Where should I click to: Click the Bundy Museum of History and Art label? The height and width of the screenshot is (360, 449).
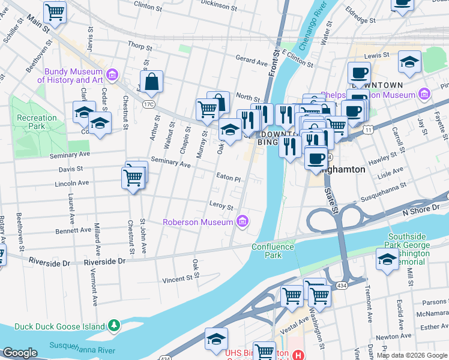[70, 76]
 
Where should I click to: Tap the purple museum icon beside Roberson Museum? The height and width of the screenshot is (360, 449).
[243, 222]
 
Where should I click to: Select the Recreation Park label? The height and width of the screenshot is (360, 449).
[37, 122]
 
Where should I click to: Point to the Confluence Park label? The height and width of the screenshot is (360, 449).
[273, 251]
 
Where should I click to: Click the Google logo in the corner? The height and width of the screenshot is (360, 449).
[20, 353]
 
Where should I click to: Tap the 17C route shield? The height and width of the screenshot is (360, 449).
[149, 104]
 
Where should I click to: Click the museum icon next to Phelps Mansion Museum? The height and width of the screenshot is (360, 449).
[425, 94]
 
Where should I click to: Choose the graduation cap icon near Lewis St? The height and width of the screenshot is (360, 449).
[409, 61]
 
